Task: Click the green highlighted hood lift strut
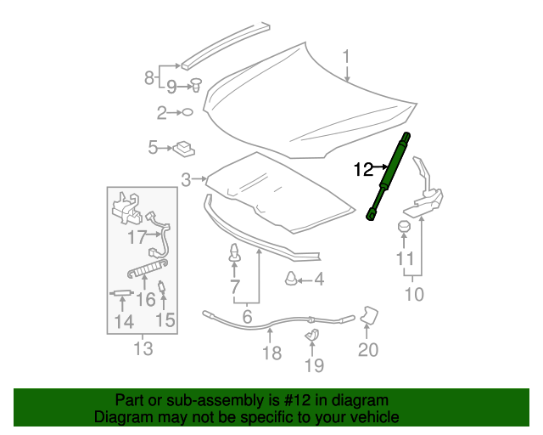(x=389, y=176)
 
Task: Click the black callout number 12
(x=364, y=170)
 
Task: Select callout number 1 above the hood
(x=346, y=58)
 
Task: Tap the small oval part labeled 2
(x=188, y=112)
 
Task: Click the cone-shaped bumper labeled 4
(x=290, y=278)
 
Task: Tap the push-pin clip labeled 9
(x=414, y=295)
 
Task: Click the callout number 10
(x=404, y=227)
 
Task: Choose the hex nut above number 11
(x=143, y=348)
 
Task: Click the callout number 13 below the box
(x=121, y=293)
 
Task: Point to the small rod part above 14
(x=165, y=320)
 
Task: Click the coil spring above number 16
(x=271, y=353)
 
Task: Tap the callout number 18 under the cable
(x=312, y=335)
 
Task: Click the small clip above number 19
(x=369, y=314)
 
